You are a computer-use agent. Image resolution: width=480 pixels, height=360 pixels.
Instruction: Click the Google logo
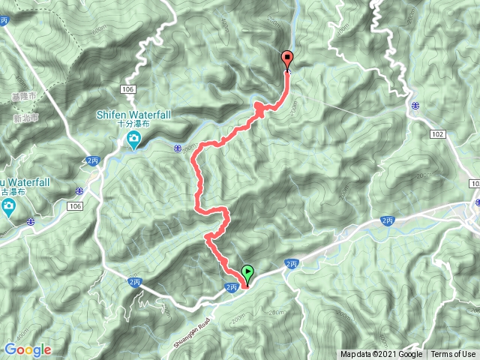(x=28, y=349)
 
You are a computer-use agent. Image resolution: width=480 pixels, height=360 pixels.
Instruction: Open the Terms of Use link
(x=453, y=355)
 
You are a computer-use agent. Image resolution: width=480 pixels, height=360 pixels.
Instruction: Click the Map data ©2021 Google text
(x=381, y=355)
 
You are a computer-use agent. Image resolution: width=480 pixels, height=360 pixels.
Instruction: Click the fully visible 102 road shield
(x=439, y=133)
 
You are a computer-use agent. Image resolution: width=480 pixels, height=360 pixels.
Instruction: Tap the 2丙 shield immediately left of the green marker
(x=232, y=287)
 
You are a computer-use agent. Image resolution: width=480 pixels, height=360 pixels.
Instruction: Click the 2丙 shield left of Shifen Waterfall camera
(x=91, y=160)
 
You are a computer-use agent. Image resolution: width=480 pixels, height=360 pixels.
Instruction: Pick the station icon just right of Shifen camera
(x=178, y=148)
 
